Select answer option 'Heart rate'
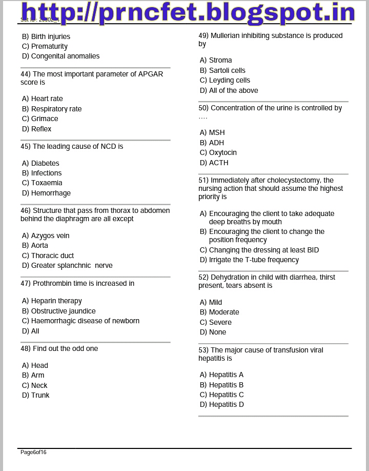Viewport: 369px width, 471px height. click(47, 99)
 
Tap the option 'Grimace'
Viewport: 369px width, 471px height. click(45, 119)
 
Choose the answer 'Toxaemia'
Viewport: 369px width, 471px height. click(47, 183)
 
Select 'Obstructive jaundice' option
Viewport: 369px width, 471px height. click(63, 311)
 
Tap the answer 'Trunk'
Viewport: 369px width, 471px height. click(40, 395)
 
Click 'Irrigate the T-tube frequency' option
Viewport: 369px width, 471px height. click(254, 260)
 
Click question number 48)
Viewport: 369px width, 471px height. click(26, 348)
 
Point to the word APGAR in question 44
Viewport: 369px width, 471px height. click(150, 74)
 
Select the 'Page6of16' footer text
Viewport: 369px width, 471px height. click(33, 452)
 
